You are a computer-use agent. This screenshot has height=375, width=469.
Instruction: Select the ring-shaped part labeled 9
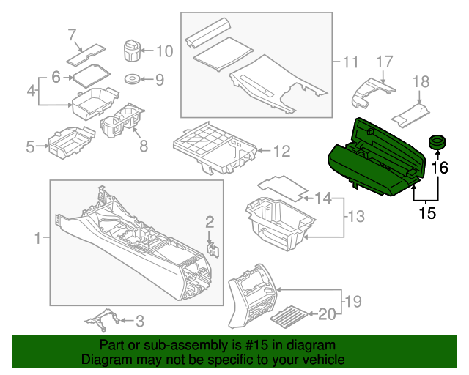pos(133,79)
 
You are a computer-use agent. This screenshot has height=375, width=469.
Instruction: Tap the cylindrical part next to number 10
pos(130,52)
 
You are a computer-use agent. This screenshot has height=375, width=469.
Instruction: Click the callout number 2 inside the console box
pos(210,222)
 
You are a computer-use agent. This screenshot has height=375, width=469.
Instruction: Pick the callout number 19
pos(353,300)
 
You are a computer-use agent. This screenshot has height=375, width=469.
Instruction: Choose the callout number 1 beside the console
pos(38,238)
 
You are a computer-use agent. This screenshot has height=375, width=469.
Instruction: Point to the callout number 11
pos(350,61)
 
